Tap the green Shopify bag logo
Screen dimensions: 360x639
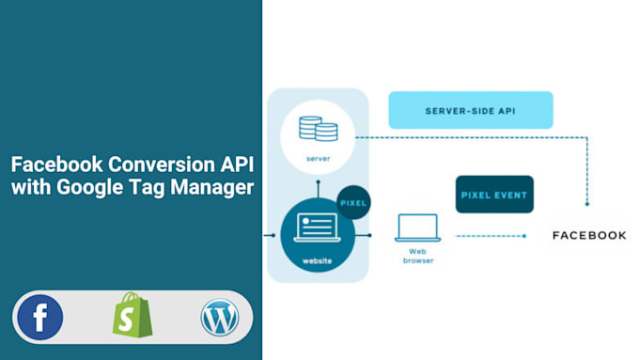click(x=132, y=316)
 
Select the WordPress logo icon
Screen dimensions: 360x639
click(x=220, y=317)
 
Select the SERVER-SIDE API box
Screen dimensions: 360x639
click(x=470, y=110)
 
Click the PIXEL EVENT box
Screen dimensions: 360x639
click(x=494, y=195)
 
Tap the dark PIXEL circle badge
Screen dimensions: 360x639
click(x=354, y=202)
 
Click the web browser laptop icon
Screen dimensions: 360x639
click(x=417, y=228)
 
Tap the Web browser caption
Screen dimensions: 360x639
click(x=417, y=257)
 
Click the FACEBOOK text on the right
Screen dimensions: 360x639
click(x=588, y=235)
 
